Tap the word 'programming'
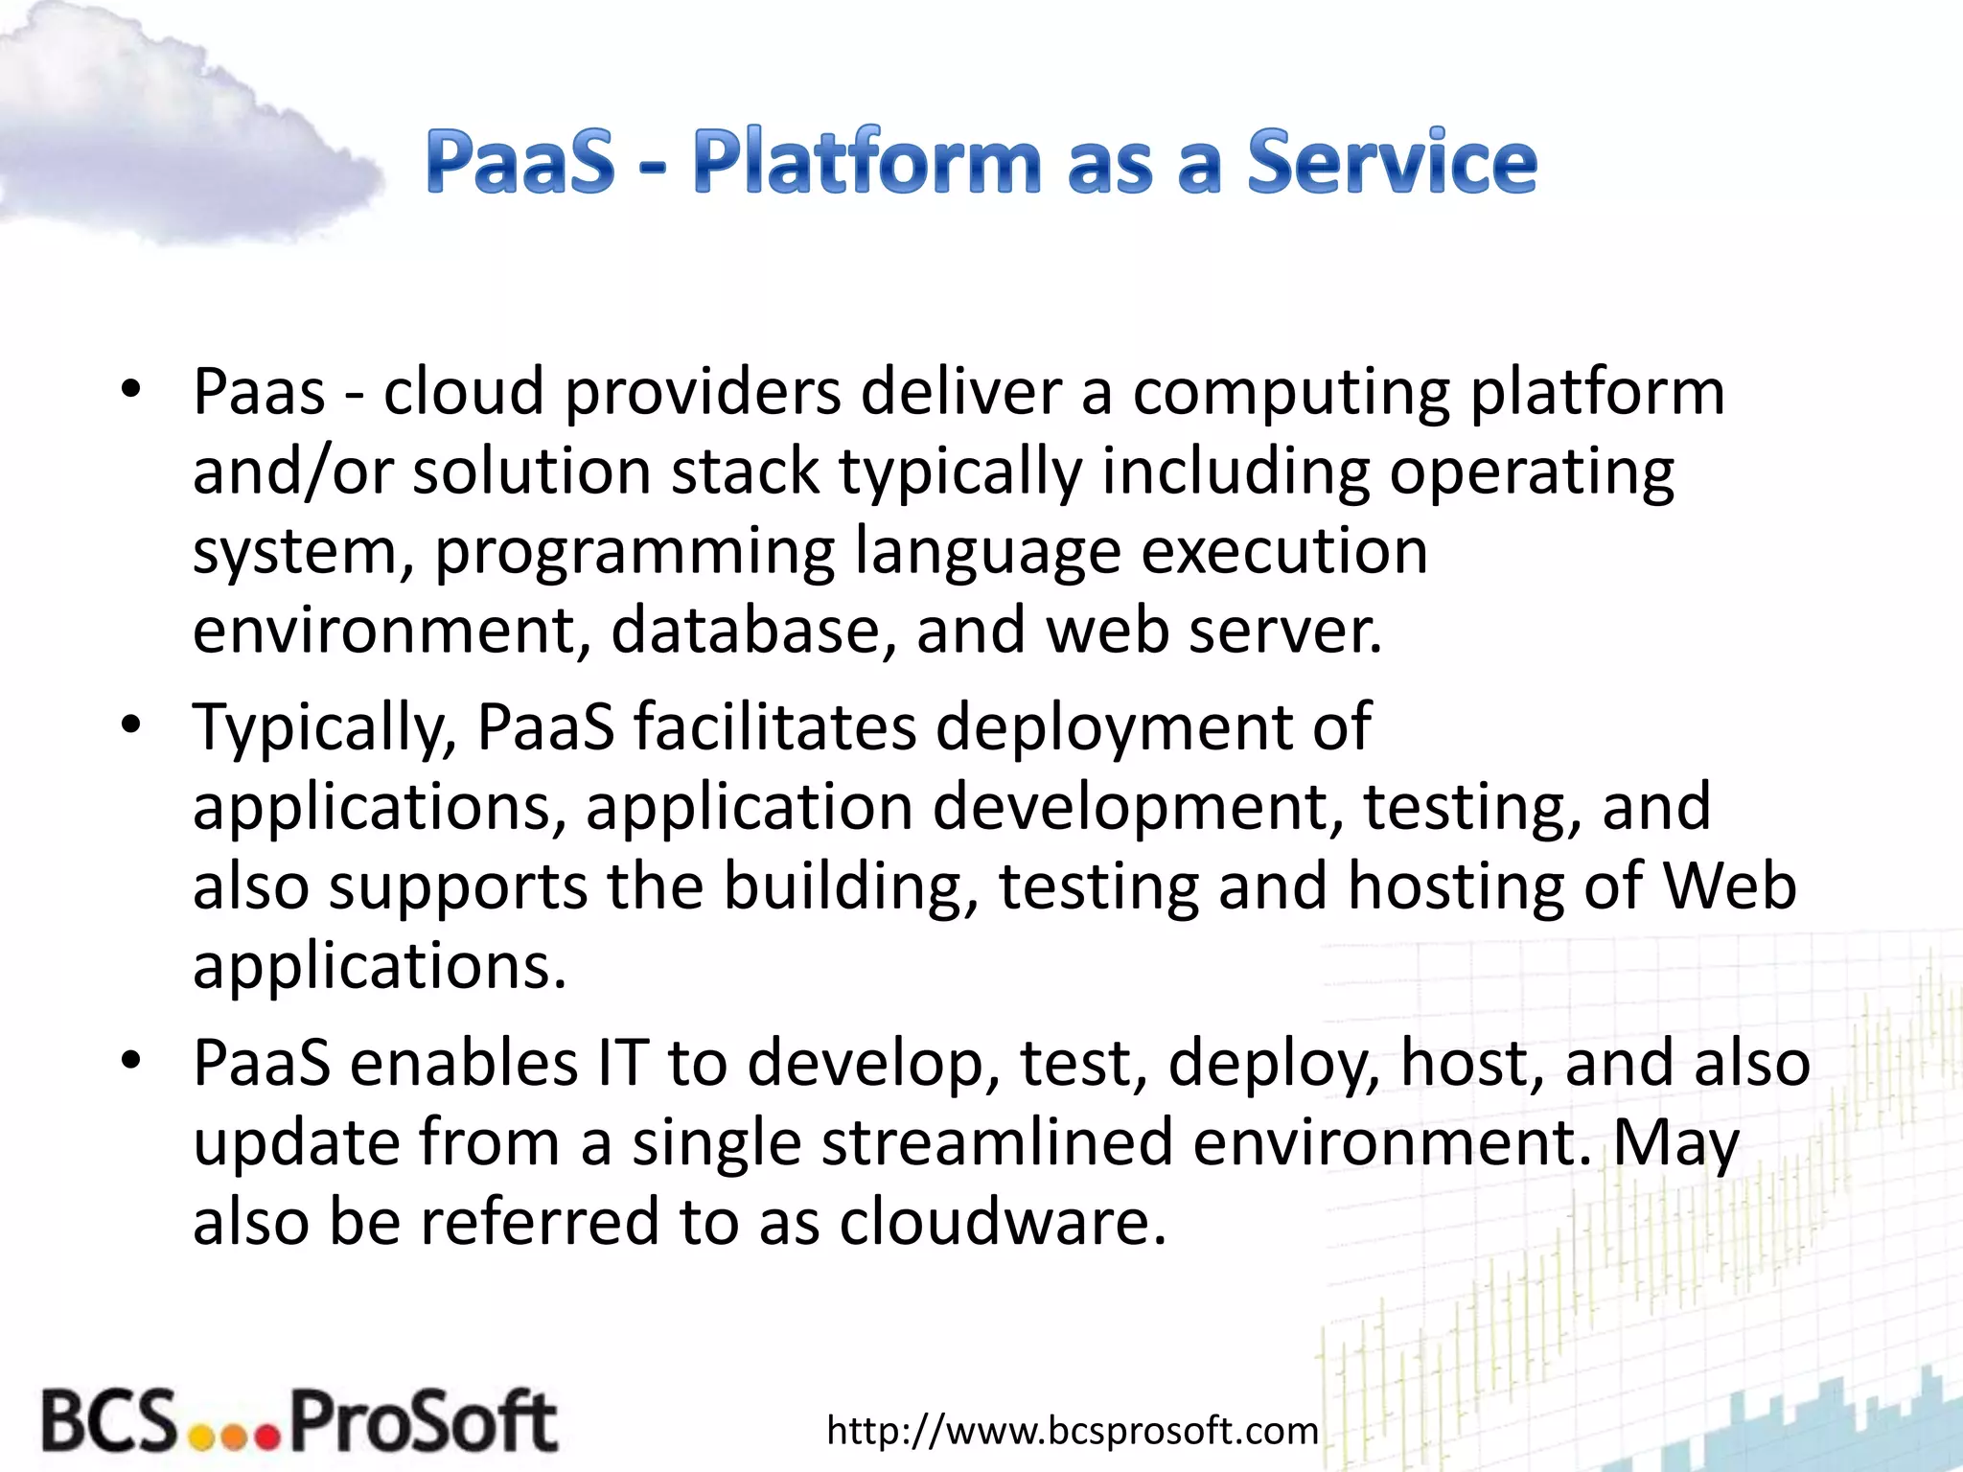[x=635, y=552]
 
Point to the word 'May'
[x=1676, y=1143]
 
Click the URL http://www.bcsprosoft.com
[x=1072, y=1430]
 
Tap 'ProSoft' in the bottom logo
[x=423, y=1419]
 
